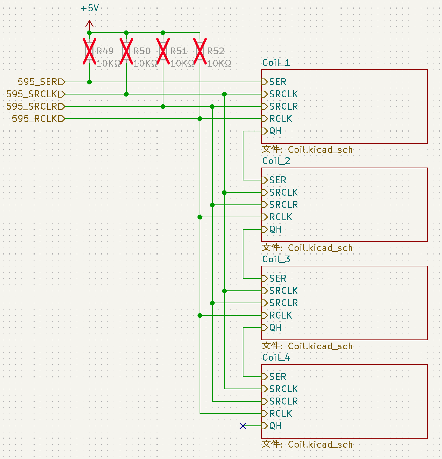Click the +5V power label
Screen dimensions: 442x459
(90, 8)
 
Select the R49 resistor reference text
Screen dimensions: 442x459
(105, 51)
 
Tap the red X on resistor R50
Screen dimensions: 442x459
(126, 51)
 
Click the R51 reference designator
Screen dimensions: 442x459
(179, 51)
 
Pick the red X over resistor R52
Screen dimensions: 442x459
(200, 51)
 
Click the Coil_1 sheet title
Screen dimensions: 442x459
(276, 62)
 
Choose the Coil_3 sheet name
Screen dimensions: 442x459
(276, 259)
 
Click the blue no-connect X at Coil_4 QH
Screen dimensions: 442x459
(243, 426)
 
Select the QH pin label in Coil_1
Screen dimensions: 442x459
(275, 131)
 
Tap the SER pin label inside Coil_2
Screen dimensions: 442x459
(278, 180)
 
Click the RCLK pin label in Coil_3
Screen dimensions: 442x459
(281, 315)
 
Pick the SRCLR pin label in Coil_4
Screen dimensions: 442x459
(283, 401)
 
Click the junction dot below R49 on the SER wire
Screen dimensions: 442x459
(89, 82)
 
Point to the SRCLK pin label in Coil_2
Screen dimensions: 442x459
(283, 192)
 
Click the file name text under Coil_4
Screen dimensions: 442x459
(307, 444)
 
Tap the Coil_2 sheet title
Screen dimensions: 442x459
(276, 161)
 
